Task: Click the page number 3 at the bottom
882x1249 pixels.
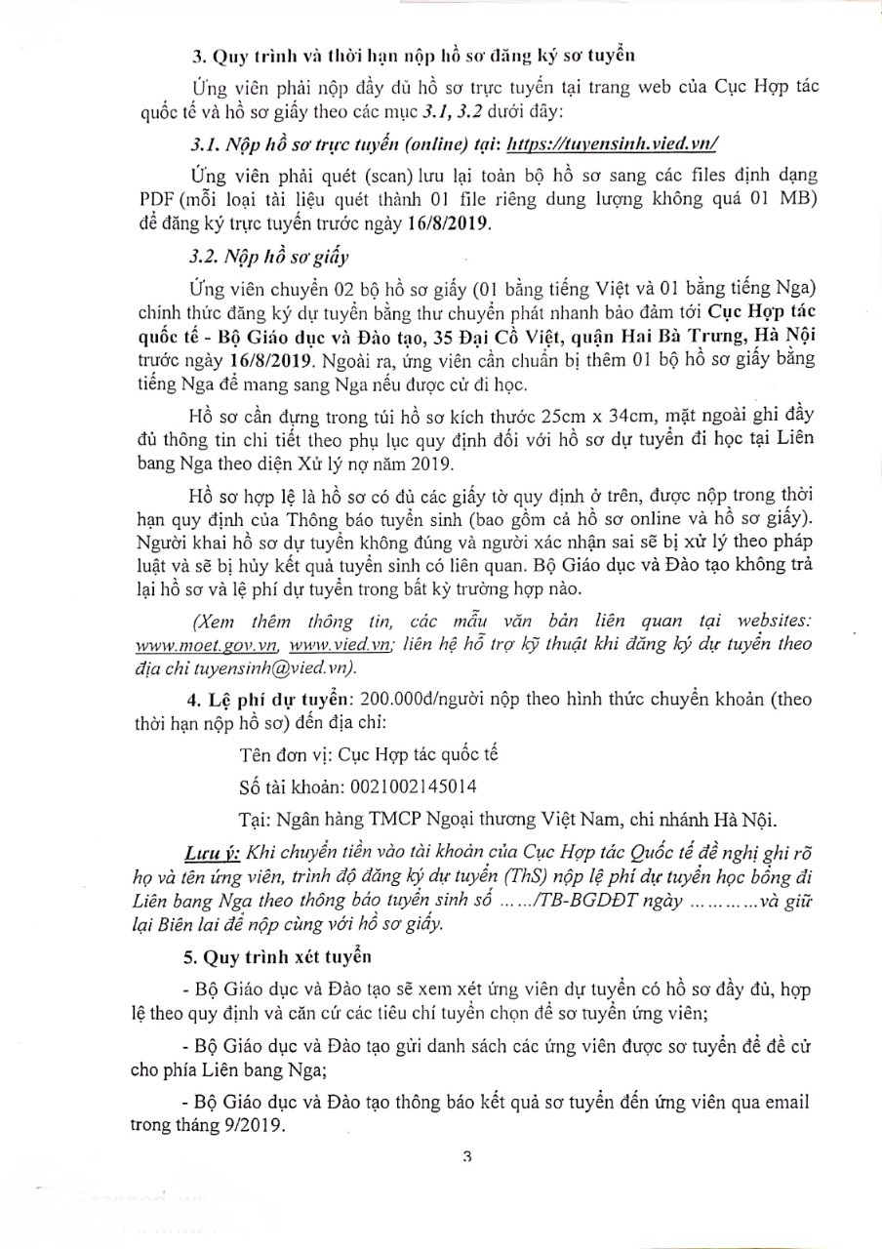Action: [467, 1157]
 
